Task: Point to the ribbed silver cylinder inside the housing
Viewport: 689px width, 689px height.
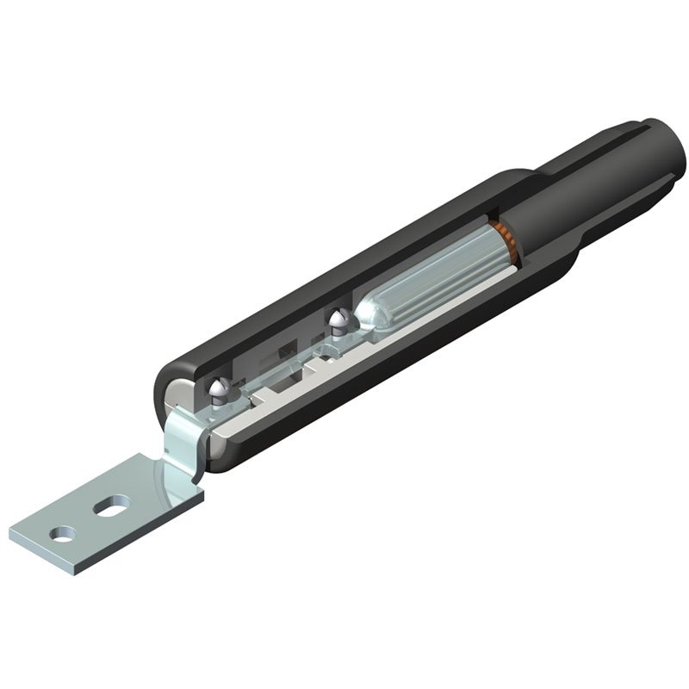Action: click(431, 276)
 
